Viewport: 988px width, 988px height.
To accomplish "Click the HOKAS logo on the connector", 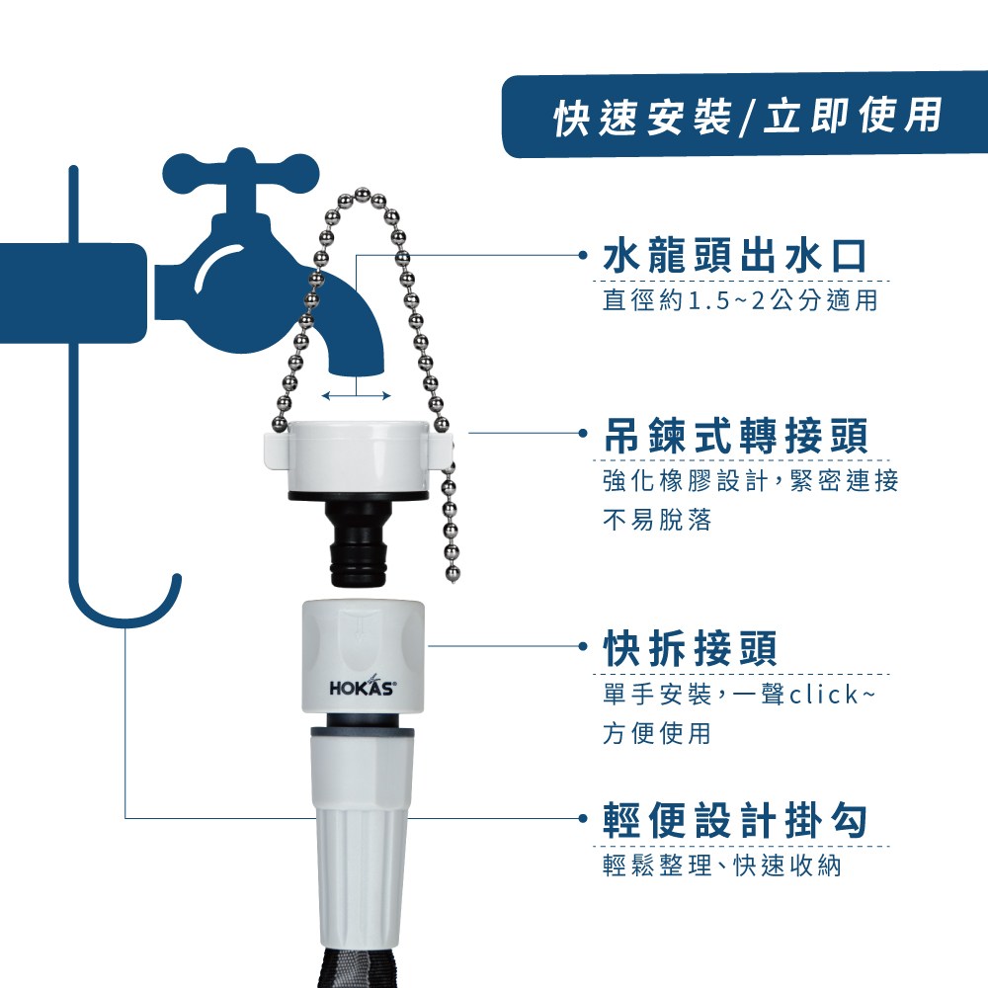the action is (x=363, y=687).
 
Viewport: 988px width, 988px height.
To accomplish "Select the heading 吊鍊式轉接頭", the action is (x=735, y=436).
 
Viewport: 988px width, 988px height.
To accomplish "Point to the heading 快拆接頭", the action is (x=690, y=648).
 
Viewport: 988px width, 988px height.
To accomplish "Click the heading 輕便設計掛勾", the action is (x=735, y=820).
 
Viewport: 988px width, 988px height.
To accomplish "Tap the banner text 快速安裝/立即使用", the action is (x=748, y=117).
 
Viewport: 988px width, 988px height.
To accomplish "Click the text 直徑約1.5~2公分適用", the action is (x=740, y=300).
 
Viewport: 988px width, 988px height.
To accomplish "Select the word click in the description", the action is (x=824, y=695).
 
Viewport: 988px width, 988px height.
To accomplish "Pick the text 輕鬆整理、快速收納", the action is (x=722, y=865).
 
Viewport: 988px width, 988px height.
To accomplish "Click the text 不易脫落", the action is (x=657, y=520).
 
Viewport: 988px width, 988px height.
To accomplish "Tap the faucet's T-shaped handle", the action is (x=241, y=175).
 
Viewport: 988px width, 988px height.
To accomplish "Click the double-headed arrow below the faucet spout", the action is (x=356, y=396).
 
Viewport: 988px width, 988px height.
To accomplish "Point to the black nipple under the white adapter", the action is (x=357, y=543).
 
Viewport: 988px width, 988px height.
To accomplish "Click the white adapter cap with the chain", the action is (x=358, y=459).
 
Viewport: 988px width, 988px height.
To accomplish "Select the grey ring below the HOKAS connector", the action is (x=363, y=733).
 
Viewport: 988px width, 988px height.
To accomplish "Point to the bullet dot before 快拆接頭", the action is (x=584, y=646).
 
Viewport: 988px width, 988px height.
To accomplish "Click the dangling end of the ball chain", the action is (x=453, y=575).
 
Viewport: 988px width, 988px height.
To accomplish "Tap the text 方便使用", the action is (x=657, y=733).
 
